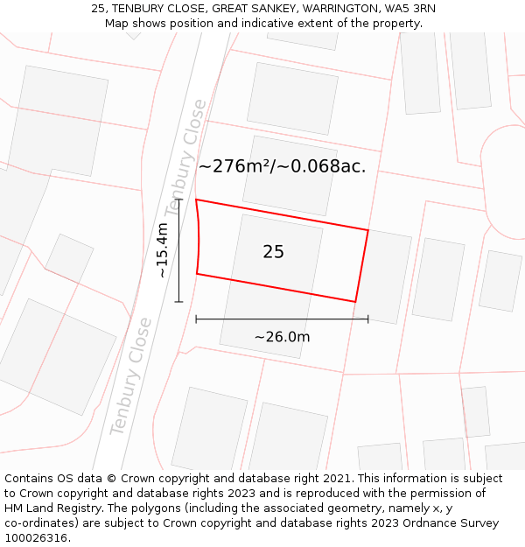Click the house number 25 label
273,252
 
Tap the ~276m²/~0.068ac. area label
282,166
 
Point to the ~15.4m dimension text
162,250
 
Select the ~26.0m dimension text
282,337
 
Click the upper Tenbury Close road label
186,158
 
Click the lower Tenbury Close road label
130,376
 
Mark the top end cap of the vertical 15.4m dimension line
178,200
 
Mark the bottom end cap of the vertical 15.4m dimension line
178,302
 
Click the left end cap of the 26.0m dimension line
196,319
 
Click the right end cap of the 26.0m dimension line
367,319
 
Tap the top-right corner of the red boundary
367,231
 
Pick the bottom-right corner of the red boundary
355,302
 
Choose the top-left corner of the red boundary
196,200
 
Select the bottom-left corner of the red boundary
197,274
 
